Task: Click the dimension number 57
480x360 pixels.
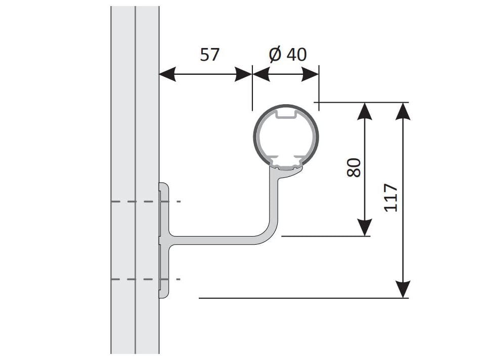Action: pos(210,55)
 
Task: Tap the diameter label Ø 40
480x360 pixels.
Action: pos(287,55)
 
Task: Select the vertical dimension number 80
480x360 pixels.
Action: pos(354,167)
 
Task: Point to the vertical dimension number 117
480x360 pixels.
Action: pos(391,198)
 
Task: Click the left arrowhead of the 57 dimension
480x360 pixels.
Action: pos(167,74)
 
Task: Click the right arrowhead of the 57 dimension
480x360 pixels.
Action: pos(243,74)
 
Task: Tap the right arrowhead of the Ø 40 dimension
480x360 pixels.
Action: pos(310,74)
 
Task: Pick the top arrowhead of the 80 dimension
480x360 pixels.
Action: pos(365,111)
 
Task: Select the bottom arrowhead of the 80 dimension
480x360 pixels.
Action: pos(365,228)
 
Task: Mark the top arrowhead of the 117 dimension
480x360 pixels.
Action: pos(403,111)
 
